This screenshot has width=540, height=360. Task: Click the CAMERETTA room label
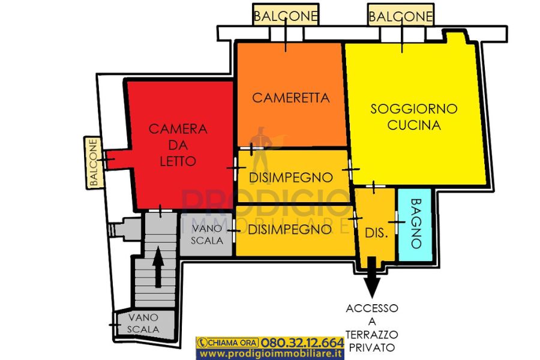[291, 98]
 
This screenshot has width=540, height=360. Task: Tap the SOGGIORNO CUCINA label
[414, 117]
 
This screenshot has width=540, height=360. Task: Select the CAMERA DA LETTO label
[178, 145]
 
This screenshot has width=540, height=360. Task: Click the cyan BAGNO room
[415, 224]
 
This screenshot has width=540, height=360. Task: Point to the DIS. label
[376, 233]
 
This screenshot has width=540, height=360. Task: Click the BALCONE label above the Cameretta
[286, 16]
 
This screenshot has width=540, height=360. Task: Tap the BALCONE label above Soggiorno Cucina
[401, 16]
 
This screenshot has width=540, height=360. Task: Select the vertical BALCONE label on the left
[94, 162]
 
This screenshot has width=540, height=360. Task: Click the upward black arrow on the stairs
[158, 267]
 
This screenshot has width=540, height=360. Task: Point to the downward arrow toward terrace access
[372, 277]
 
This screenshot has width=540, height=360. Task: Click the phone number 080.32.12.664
[302, 343]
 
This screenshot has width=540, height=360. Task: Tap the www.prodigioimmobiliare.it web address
[271, 354]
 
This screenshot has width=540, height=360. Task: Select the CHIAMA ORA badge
[227, 343]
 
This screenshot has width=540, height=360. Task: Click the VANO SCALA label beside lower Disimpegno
[207, 234]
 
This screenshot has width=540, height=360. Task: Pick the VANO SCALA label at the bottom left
[143, 323]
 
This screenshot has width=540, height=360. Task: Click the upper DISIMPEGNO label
[290, 178]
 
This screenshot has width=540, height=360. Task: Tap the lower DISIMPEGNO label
[290, 229]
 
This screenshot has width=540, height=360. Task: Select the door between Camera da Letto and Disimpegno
[236, 168]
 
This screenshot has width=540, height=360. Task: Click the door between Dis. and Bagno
[397, 222]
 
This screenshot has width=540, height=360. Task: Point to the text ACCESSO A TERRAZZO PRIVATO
[372, 328]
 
